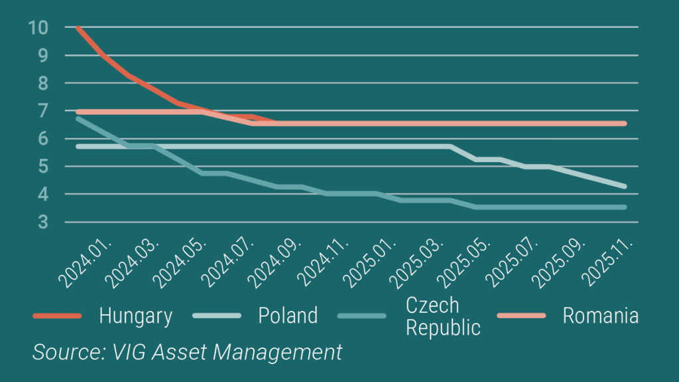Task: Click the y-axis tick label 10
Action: tap(38, 27)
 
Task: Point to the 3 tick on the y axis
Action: tap(42, 222)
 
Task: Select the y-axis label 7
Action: tap(42, 111)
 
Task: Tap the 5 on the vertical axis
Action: tap(42, 167)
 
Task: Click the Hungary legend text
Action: tap(136, 316)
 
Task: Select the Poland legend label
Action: tap(288, 316)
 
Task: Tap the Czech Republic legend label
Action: tap(442, 316)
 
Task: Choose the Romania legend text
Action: tap(601, 316)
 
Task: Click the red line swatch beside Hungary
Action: tap(57, 316)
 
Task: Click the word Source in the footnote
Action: tap(62, 351)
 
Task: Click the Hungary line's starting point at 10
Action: tap(79, 28)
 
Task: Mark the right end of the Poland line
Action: tap(624, 186)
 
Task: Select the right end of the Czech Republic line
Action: tap(624, 207)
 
